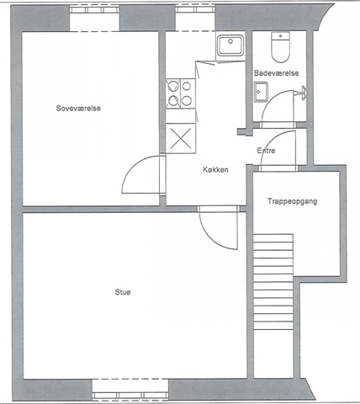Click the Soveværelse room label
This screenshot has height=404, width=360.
pyautogui.click(x=78, y=109)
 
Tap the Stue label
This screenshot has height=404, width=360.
pyautogui.click(x=123, y=292)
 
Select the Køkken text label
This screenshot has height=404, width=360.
pyautogui.click(x=215, y=169)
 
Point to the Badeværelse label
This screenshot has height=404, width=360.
pyautogui.click(x=276, y=73)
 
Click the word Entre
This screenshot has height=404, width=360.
pyautogui.click(x=266, y=151)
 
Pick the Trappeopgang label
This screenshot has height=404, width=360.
pyautogui.click(x=292, y=201)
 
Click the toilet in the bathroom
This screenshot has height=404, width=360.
pyautogui.click(x=280, y=47)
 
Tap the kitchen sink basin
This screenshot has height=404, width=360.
pyautogui.click(x=230, y=45)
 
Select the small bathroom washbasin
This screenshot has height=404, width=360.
pyautogui.click(x=261, y=92)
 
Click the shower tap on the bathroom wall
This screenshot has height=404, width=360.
pyautogui.click(x=300, y=93)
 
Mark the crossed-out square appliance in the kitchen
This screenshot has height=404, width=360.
pyautogui.click(x=181, y=138)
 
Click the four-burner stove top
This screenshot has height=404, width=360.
pyautogui.click(x=180, y=93)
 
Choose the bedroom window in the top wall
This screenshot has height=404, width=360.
pyautogui.click(x=94, y=10)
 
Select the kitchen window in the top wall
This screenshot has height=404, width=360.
pyautogui.click(x=195, y=10)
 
